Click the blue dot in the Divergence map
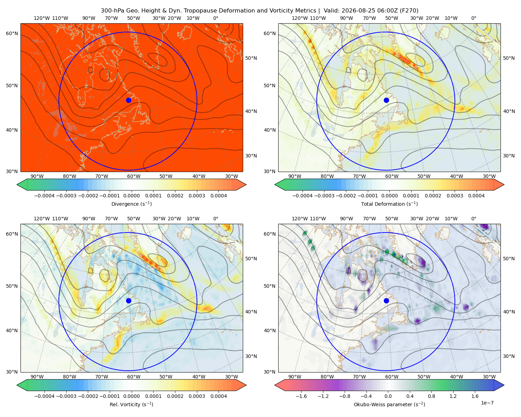point(129,100)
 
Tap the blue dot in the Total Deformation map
point(386,100)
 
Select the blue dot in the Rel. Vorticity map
point(129,301)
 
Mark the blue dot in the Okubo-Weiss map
point(386,301)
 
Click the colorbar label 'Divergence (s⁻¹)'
point(131,204)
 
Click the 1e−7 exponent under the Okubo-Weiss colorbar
point(487,403)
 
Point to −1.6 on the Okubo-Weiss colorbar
point(301,396)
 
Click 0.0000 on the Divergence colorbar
point(131,196)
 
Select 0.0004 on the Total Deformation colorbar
point(476,196)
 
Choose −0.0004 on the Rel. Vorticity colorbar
point(44,396)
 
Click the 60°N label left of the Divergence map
point(12,33)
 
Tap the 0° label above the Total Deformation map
point(473,18)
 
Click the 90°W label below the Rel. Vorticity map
point(37,377)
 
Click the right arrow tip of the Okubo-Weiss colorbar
point(504,385)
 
